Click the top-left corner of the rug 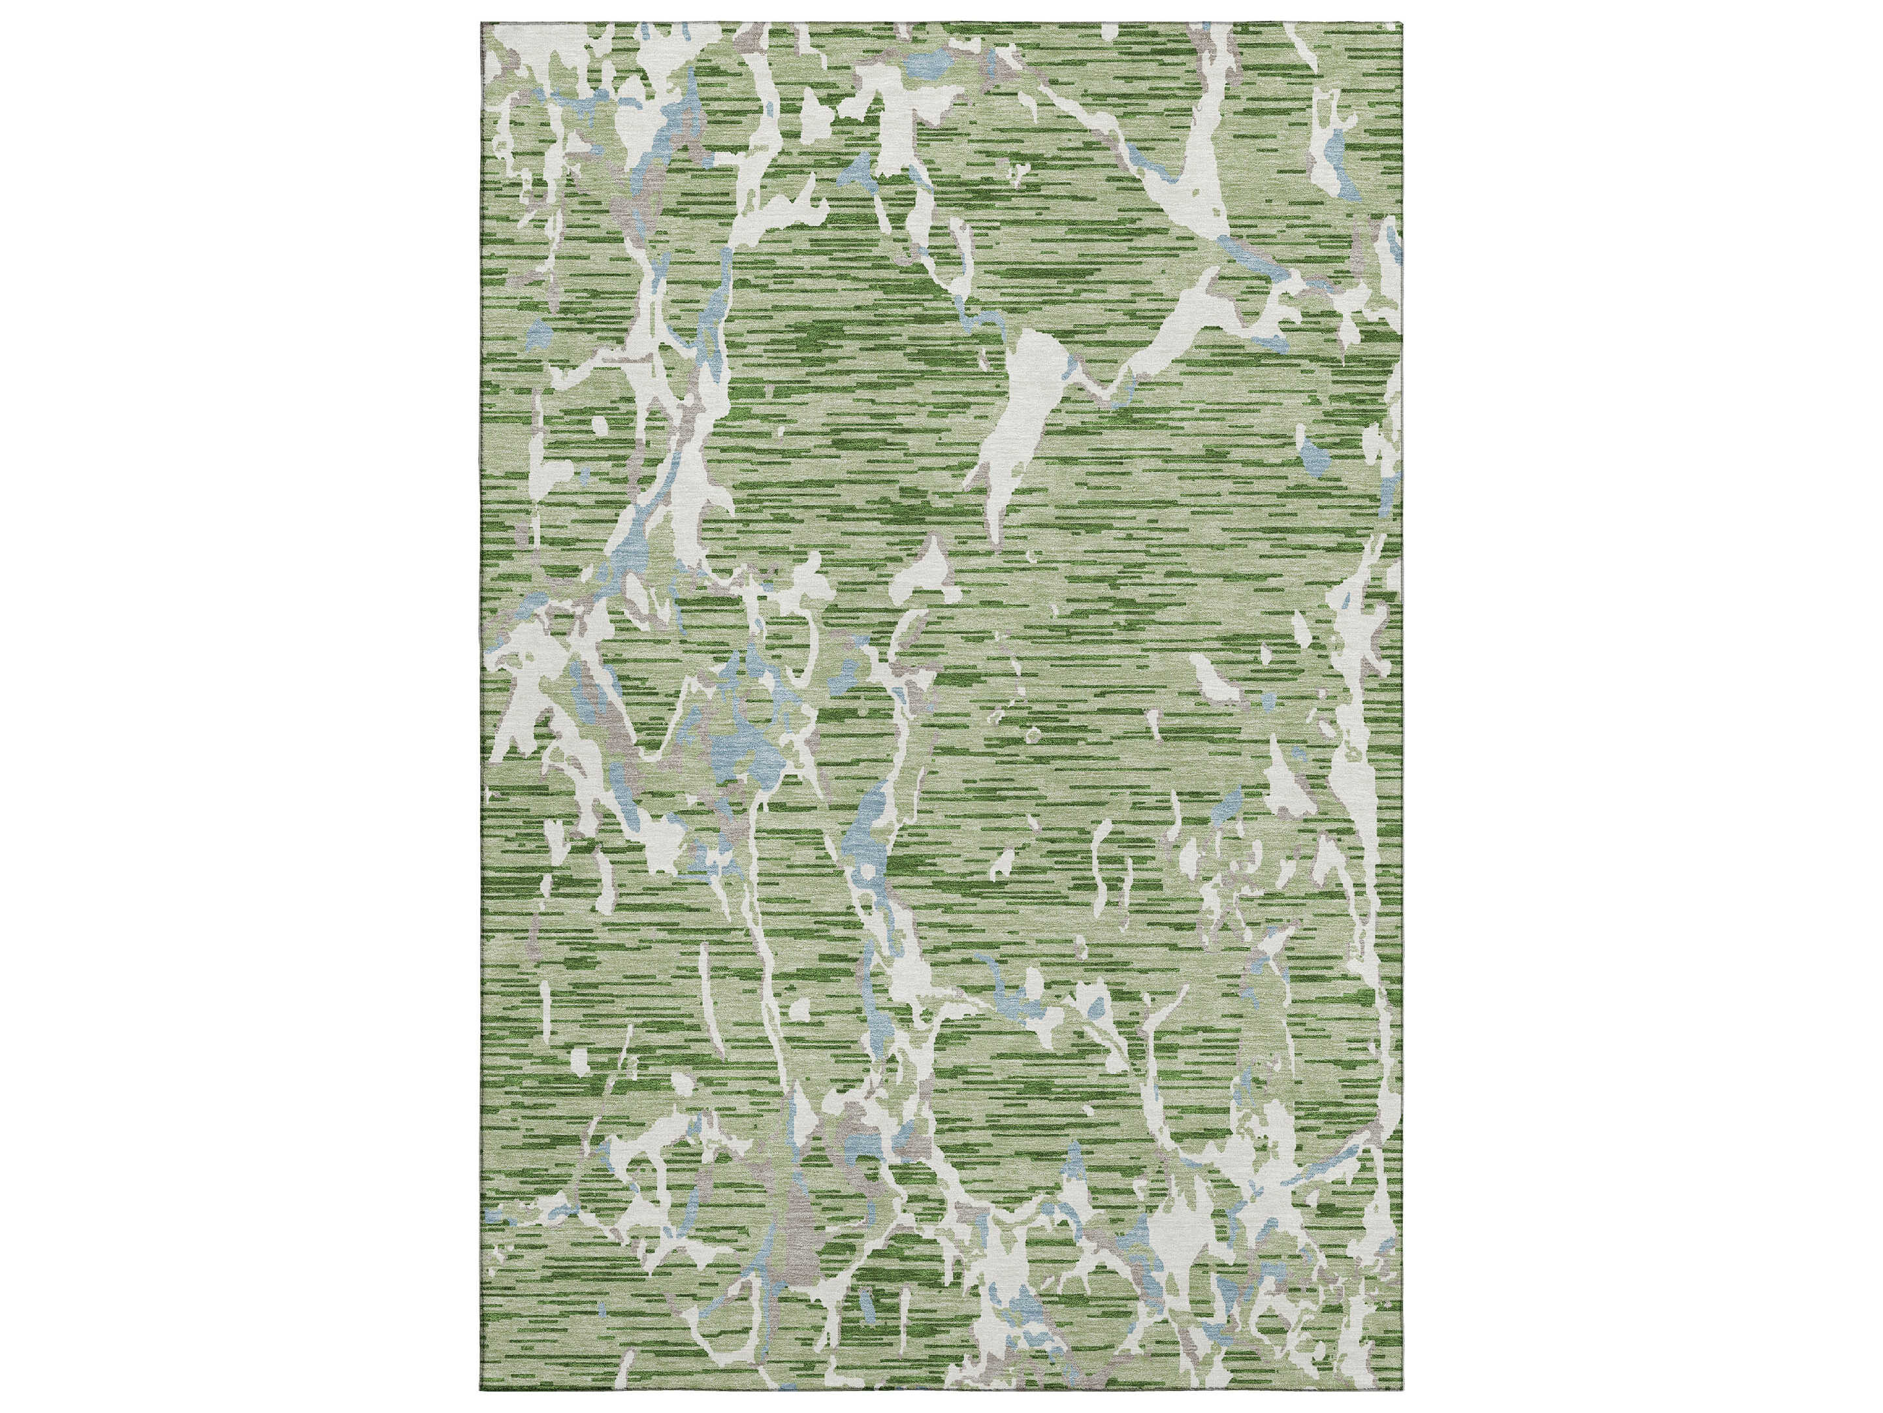[482, 23]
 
